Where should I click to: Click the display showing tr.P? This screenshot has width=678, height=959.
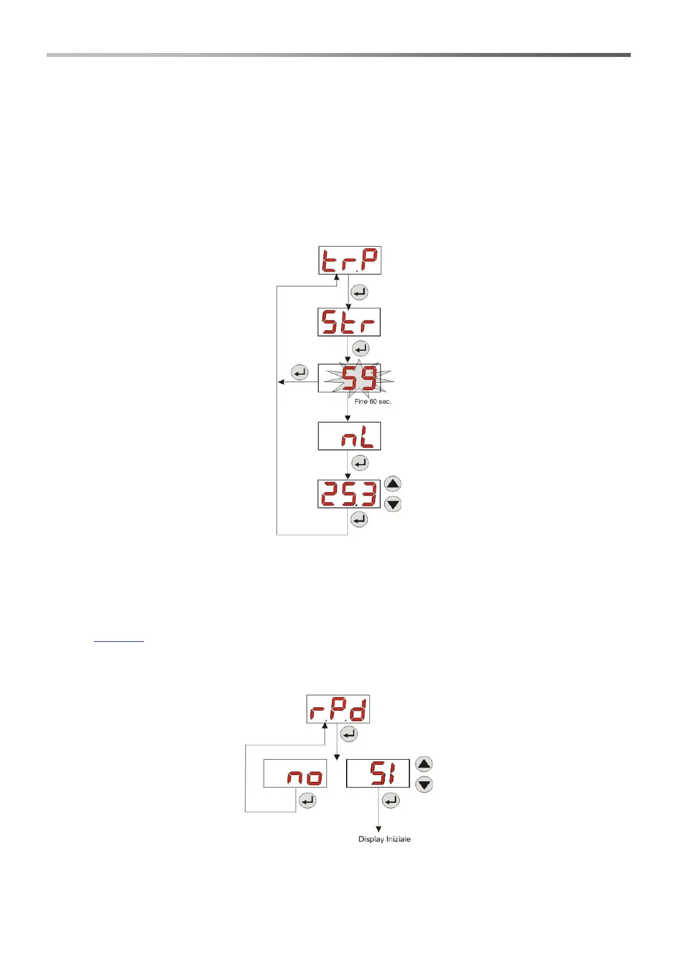[350, 260]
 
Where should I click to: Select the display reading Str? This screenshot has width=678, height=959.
[349, 322]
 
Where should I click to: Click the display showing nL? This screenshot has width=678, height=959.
[349, 437]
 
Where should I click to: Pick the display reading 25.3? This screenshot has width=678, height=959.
[349, 494]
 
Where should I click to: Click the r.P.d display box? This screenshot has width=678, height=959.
[338, 709]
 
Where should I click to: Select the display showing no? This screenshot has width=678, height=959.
[295, 773]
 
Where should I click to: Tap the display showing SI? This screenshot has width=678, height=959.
[378, 773]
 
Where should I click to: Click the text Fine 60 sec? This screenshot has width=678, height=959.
[373, 401]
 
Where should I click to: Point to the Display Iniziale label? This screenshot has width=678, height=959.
[384, 839]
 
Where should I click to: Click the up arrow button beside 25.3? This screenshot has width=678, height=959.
[393, 484]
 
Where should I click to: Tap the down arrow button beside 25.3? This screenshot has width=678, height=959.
[393, 504]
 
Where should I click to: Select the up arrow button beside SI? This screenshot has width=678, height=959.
[424, 764]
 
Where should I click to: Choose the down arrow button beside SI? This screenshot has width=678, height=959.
[424, 785]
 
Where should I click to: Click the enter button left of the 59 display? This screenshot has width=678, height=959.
[299, 373]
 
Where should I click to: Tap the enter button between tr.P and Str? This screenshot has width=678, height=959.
[360, 293]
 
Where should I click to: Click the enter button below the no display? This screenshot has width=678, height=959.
[307, 801]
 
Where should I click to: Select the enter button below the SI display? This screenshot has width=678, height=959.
[391, 801]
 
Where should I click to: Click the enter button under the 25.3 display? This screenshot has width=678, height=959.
[359, 519]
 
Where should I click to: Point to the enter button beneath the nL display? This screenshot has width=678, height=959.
[360, 464]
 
